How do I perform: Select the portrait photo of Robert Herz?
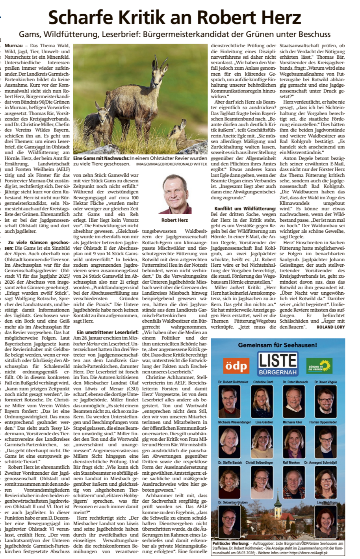(x=174, y=194)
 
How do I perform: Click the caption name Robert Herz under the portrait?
(x=174, y=220)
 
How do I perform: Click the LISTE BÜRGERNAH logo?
(x=278, y=364)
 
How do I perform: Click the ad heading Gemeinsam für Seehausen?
(x=277, y=345)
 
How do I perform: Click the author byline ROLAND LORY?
(x=331, y=327)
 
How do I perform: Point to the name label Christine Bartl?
(x=263, y=382)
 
